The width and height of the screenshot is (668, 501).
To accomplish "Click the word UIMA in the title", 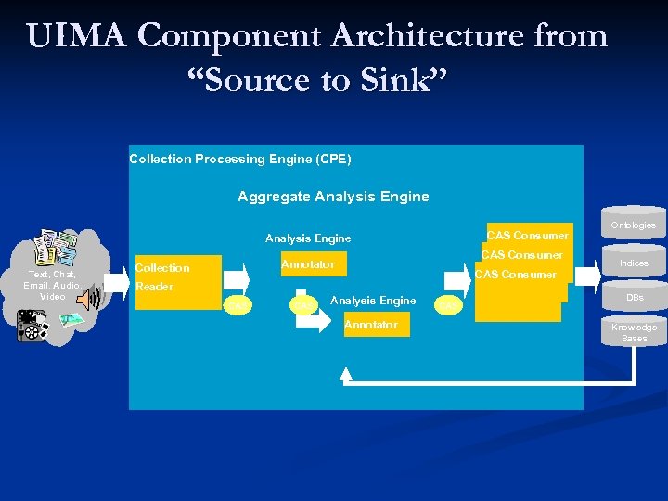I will click(78, 36).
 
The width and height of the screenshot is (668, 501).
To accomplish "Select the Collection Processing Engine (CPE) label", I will click(239, 159).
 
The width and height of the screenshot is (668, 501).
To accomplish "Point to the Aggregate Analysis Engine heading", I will click(333, 196).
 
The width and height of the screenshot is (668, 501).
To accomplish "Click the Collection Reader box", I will click(177, 281).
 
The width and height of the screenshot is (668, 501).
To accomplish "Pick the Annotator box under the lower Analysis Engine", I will click(371, 324).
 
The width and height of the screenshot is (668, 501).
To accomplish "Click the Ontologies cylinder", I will click(633, 225).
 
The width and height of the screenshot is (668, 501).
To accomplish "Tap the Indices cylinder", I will click(633, 263).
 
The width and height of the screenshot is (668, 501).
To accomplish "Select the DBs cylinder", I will click(634, 298).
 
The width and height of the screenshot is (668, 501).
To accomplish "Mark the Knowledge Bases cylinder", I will click(634, 332).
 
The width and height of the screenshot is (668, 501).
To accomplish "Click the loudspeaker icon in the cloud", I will click(86, 297).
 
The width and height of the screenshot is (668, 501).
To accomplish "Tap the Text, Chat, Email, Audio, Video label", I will click(52, 285).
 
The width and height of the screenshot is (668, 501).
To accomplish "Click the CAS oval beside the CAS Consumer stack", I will click(449, 304).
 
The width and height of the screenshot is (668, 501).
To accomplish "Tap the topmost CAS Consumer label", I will click(527, 236).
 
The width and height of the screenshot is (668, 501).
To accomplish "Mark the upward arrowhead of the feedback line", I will click(346, 373).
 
